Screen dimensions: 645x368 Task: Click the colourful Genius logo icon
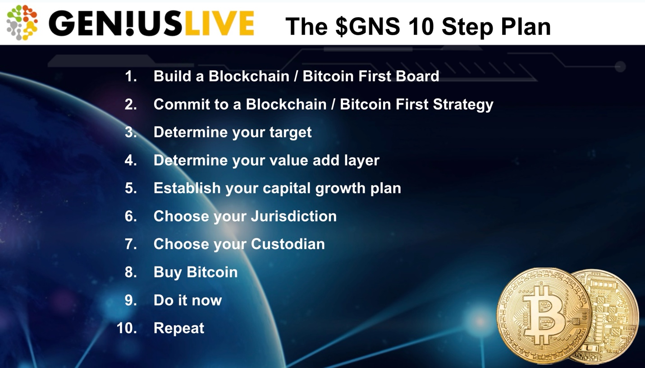[22, 23]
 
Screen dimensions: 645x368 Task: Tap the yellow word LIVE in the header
[220, 23]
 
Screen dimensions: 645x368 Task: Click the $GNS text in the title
[368, 27]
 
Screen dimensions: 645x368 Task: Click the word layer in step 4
[361, 161]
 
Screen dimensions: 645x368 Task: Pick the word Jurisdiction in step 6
[294, 216]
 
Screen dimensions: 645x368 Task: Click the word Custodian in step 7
[288, 244]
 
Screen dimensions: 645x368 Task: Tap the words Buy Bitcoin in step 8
[196, 272]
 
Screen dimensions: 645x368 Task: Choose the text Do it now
[188, 300]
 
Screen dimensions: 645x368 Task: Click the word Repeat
[179, 328]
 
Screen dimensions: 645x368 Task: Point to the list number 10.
[127, 328]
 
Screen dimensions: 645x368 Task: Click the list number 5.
[131, 188]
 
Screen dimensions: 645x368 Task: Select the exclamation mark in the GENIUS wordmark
[130, 23]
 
